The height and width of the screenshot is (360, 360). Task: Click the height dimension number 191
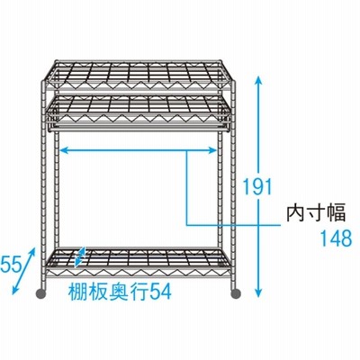(x=257, y=186)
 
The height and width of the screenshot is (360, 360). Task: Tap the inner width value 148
(x=336, y=238)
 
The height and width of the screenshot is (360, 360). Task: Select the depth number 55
(x=12, y=265)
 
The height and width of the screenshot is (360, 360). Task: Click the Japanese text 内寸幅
(x=316, y=212)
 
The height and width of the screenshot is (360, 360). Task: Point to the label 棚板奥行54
(x=120, y=292)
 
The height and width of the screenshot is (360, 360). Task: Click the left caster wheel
(x=41, y=293)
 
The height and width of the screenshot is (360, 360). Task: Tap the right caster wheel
(x=236, y=293)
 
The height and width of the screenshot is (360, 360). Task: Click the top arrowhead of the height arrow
(x=259, y=80)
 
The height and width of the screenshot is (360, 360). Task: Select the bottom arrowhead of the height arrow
(x=259, y=292)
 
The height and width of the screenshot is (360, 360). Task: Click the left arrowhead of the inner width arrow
(x=66, y=150)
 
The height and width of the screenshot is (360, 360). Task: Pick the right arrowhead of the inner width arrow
(x=211, y=150)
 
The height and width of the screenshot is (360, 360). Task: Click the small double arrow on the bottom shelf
(x=80, y=256)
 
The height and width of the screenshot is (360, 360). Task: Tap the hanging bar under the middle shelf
(x=138, y=129)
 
